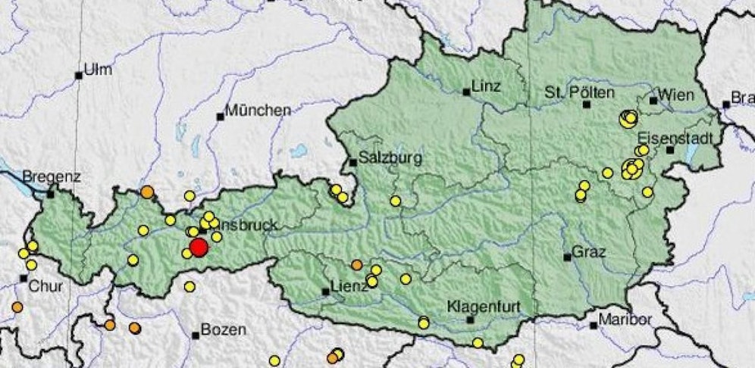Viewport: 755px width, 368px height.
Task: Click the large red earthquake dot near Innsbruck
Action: [x=199, y=248]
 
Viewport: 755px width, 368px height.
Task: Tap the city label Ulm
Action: [x=98, y=70]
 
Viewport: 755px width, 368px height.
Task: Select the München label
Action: [x=258, y=111]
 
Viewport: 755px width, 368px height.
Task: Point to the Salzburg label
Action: [x=390, y=158]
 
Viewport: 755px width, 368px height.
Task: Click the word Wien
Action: [x=676, y=95]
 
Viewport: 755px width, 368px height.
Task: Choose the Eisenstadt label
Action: [x=675, y=138]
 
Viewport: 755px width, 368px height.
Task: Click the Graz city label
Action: [x=588, y=251]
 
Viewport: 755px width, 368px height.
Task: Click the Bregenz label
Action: [x=52, y=176]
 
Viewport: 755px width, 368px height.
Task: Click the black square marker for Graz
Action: [x=567, y=257]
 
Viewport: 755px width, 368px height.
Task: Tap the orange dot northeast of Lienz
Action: [x=357, y=264]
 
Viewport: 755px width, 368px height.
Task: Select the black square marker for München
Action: [x=221, y=117]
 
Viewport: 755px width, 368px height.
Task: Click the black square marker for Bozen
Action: [x=196, y=334]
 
